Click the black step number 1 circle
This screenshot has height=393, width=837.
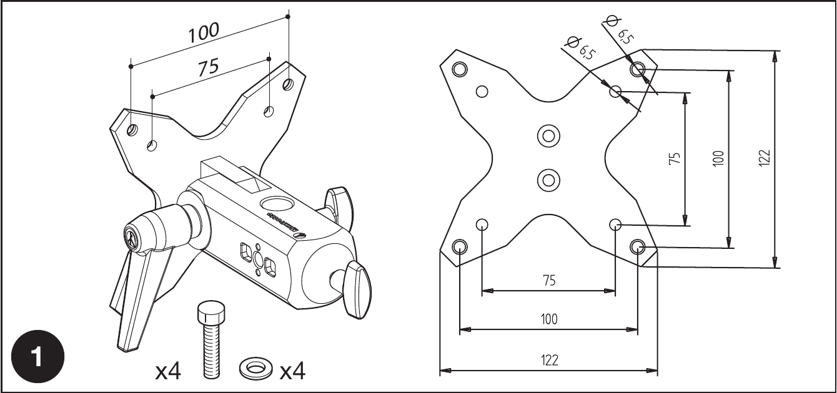click(x=37, y=356)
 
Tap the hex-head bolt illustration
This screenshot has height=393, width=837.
click(x=212, y=339)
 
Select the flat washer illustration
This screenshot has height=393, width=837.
click(x=256, y=367)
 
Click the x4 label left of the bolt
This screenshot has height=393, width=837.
click(x=169, y=371)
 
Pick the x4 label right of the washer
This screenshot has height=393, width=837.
click(x=292, y=371)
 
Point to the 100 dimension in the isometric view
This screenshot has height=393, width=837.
click(x=204, y=32)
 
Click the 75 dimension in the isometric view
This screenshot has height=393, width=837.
click(x=209, y=68)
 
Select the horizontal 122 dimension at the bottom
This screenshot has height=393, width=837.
click(x=550, y=360)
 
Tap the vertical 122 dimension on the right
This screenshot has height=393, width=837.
click(x=765, y=157)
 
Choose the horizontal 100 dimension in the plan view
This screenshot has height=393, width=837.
click(x=549, y=319)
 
